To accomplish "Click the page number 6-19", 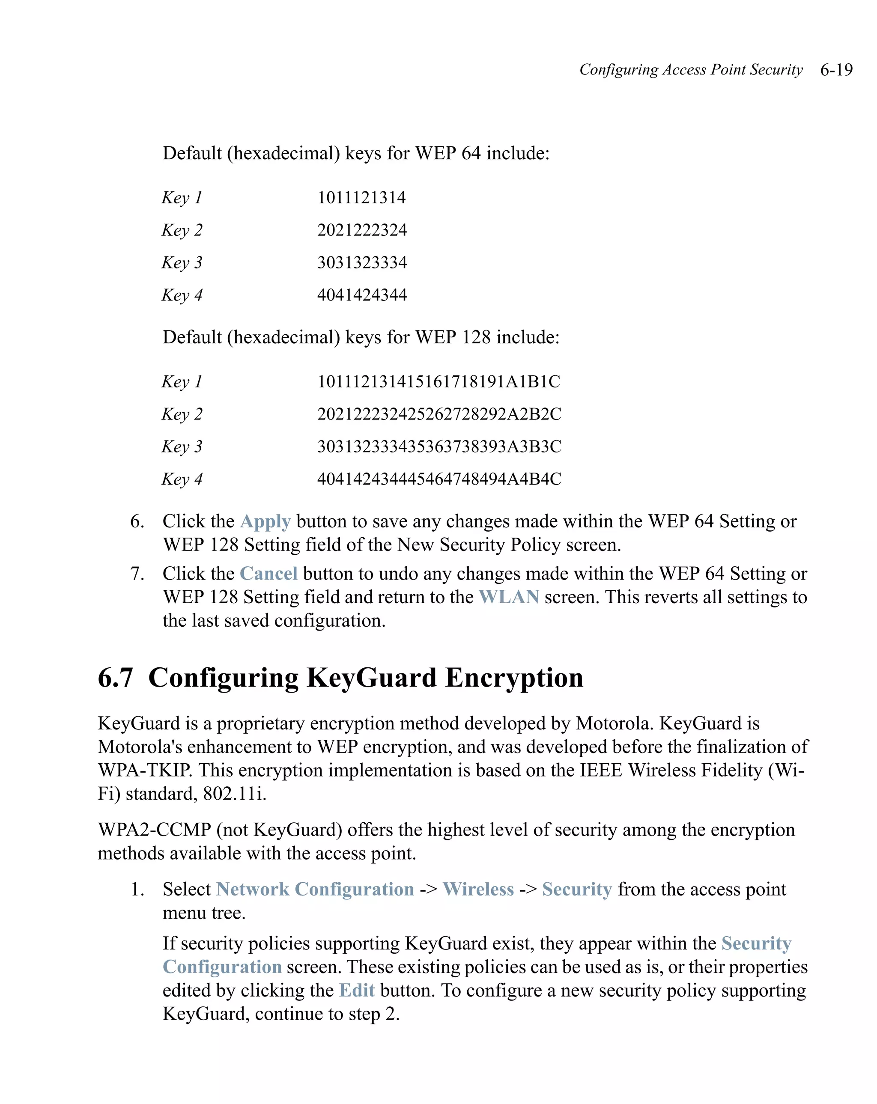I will pyautogui.click(x=836, y=70).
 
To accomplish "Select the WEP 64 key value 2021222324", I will pyautogui.click(x=362, y=230).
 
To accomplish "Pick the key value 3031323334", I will pyautogui.click(x=362, y=263).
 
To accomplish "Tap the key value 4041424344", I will pyautogui.click(x=362, y=295).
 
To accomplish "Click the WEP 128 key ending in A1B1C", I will pyautogui.click(x=438, y=381).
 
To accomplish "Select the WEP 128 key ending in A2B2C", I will pyautogui.click(x=439, y=414).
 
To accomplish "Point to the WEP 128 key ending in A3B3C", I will pyautogui.click(x=439, y=446).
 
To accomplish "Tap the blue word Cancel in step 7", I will pyautogui.click(x=268, y=574).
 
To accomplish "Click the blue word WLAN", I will pyautogui.click(x=508, y=597).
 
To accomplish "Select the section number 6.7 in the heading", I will pyautogui.click(x=115, y=678).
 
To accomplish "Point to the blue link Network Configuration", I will pyautogui.click(x=315, y=890).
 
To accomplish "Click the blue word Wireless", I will pyautogui.click(x=478, y=890).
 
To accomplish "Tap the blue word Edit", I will pyautogui.click(x=357, y=990).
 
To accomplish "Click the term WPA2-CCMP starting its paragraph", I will pyautogui.click(x=154, y=830).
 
